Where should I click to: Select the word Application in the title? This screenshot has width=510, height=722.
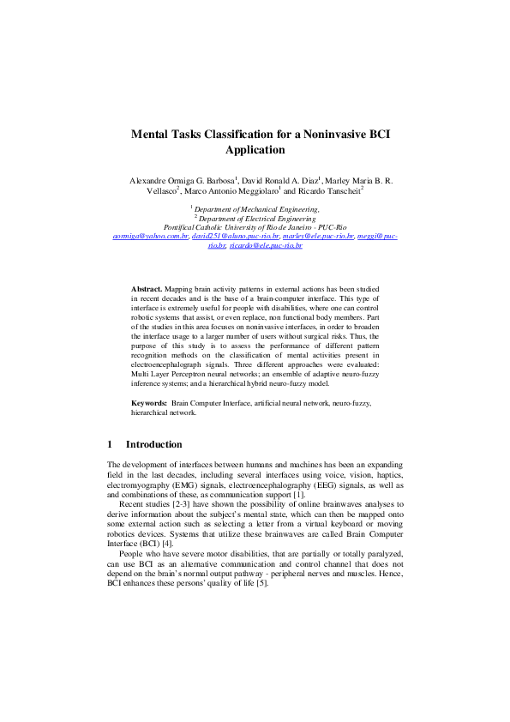tap(255, 150)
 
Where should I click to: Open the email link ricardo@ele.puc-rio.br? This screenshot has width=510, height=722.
tap(266, 245)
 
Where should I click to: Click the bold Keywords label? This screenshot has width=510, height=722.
tap(148, 402)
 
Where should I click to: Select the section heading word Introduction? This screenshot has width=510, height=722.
tap(154, 445)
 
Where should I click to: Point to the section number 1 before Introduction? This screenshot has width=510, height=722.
tap(110, 445)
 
